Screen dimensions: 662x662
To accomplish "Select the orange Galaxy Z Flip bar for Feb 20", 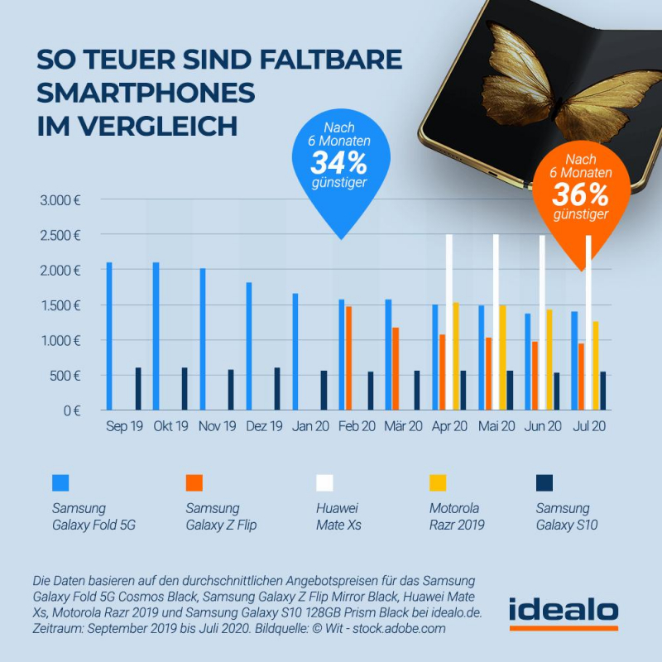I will tap(349, 358).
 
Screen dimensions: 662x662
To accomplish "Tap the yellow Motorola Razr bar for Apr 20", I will tap(455, 356).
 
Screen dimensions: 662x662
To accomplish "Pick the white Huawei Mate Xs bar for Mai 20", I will tap(496, 323).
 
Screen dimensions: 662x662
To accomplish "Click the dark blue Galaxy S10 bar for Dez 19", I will tap(277, 389).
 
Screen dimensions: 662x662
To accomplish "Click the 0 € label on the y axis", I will tap(74, 410).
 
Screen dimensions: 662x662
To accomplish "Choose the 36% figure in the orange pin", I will tap(581, 195).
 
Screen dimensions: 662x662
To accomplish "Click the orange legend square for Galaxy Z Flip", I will tap(194, 482).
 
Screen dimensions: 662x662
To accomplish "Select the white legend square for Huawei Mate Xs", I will tap(325, 482).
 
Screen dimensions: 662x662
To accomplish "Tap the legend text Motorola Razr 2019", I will tap(454, 516).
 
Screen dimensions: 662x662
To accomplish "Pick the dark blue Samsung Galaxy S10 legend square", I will tap(544, 482).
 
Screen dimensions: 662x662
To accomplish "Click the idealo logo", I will tap(563, 612).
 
